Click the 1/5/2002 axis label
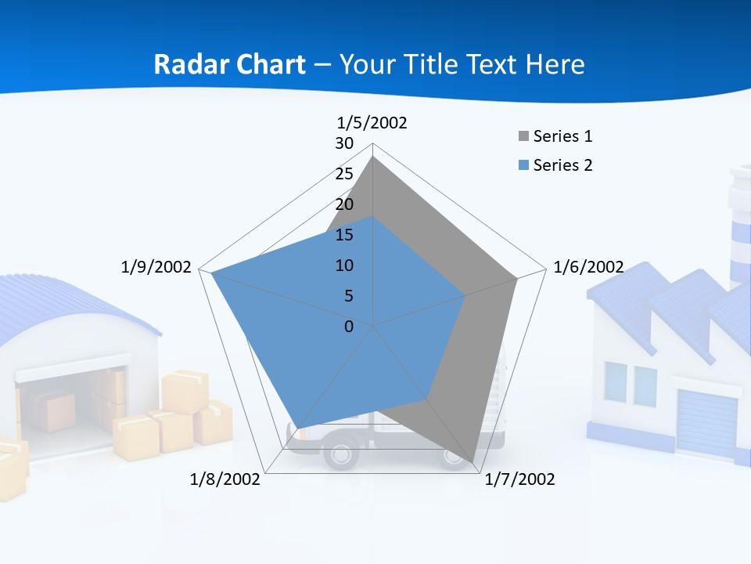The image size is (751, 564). [372, 122]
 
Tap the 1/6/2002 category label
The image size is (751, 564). [588, 267]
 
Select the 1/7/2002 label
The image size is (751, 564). [519, 479]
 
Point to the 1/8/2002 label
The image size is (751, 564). [225, 479]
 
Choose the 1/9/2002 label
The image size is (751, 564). [156, 267]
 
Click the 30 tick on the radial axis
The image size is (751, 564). [344, 143]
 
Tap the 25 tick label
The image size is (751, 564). [344, 174]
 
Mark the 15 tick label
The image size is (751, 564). [344, 235]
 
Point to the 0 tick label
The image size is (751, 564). [349, 327]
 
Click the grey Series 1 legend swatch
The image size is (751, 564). [523, 137]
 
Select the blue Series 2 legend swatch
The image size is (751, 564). [523, 165]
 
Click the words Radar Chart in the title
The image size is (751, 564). [229, 64]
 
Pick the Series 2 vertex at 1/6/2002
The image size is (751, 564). [465, 295]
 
